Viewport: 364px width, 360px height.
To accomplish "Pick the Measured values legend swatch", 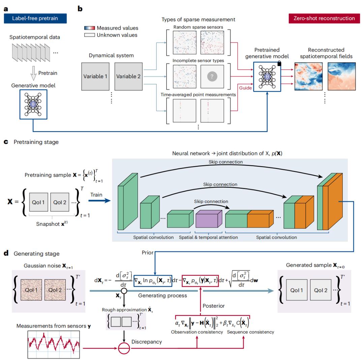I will coord(90,28).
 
